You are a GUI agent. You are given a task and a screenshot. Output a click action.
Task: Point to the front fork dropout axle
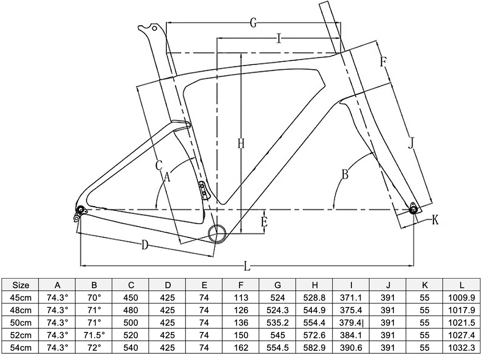pyautogui.click(x=413, y=209)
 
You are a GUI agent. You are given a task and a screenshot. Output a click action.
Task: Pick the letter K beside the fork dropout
pyautogui.click(x=435, y=220)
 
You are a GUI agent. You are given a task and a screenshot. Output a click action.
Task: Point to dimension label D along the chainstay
pyautogui.click(x=144, y=245)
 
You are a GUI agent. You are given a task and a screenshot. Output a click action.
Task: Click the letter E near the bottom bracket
pyautogui.click(x=264, y=222)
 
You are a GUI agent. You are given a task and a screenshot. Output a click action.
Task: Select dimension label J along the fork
pyautogui.click(x=411, y=144)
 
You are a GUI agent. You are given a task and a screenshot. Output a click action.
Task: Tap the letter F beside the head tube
pyautogui.click(x=383, y=62)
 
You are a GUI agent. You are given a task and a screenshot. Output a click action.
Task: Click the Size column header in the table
pyautogui.click(x=21, y=285)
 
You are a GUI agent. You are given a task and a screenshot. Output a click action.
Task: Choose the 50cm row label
pyautogui.click(x=21, y=322)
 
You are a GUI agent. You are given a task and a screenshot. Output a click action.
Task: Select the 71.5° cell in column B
pyautogui.click(x=94, y=335)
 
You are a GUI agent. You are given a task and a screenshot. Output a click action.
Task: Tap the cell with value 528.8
pyautogui.click(x=315, y=297)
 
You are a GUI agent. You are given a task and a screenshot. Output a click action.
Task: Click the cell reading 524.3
pyautogui.click(x=278, y=310)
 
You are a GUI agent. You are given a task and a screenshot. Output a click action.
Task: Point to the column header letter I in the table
pyautogui.click(x=351, y=285)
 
